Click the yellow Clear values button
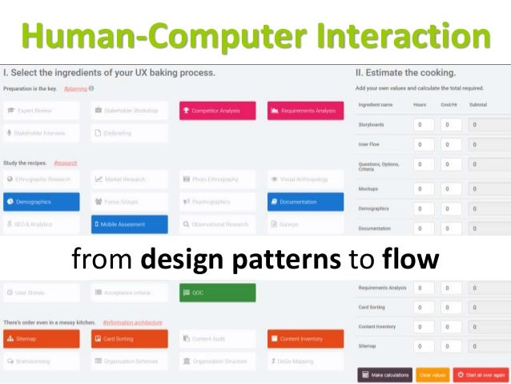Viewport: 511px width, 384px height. coord(433,374)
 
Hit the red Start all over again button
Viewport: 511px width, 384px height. coord(481,374)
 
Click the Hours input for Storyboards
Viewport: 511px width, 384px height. coord(423,125)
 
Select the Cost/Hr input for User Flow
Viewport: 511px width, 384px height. coord(451,145)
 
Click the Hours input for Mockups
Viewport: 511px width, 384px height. coord(423,189)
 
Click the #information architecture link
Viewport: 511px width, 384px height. coord(132,322)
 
